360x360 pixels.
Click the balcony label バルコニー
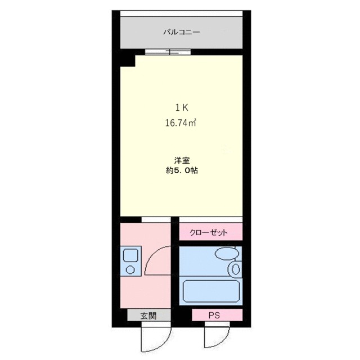point(182,32)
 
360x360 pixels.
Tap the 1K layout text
point(181,107)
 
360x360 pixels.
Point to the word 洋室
point(181,160)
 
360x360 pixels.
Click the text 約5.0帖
point(181,170)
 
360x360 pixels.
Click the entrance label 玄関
point(148,316)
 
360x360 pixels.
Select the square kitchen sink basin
point(130,255)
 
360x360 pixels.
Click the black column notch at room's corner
point(127,58)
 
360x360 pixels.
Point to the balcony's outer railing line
point(181,12)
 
